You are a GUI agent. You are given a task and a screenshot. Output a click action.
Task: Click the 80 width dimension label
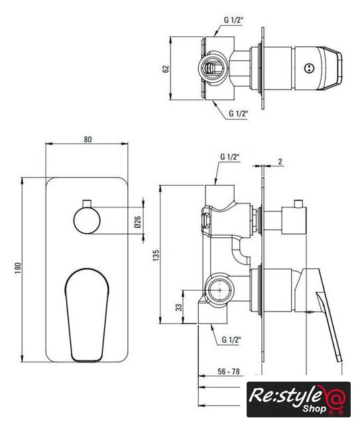click(x=88, y=140)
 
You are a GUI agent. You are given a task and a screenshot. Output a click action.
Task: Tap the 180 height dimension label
click(x=18, y=268)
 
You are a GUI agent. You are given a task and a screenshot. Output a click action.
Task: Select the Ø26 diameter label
click(x=137, y=221)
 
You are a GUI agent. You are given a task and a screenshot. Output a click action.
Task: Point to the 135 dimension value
click(x=156, y=256)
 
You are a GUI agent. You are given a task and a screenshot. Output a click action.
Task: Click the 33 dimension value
click(x=179, y=307)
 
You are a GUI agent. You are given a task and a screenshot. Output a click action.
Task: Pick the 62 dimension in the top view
click(x=166, y=69)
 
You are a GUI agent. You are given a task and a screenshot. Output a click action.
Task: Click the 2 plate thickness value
click(x=280, y=162)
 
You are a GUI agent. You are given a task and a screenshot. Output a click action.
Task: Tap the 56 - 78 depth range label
click(x=229, y=372)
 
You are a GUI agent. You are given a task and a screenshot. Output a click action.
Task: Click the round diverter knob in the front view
click(x=87, y=221)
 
